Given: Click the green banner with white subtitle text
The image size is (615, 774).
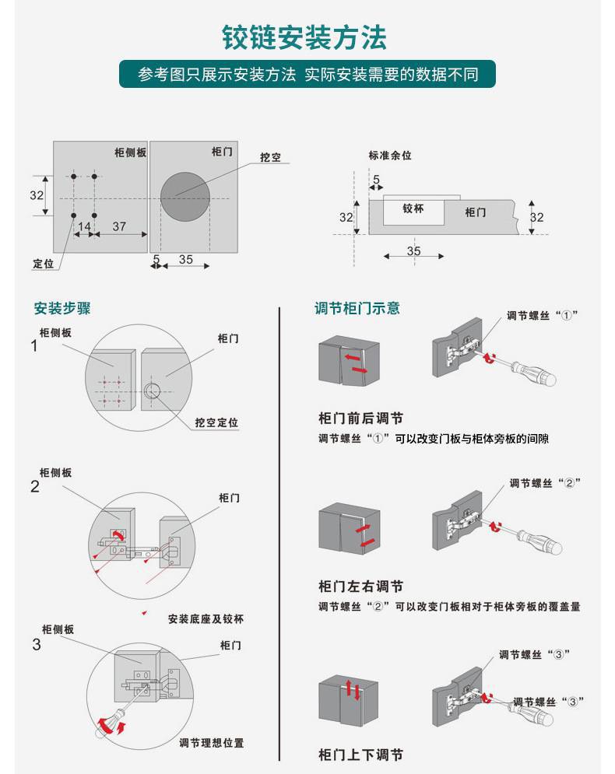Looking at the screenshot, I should (307, 75).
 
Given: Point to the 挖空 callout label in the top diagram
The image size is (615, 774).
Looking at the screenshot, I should (271, 157).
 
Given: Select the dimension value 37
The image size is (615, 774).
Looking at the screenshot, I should (119, 226).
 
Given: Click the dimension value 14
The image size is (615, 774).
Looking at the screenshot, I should (84, 226).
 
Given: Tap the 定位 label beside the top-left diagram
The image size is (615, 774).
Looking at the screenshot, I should (44, 263).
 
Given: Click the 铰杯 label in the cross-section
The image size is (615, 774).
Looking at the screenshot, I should (413, 208).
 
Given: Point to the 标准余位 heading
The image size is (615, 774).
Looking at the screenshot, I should (390, 156).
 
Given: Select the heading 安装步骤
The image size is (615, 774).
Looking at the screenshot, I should (62, 308).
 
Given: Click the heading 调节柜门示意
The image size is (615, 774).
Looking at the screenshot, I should (357, 308).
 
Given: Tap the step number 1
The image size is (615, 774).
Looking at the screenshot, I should (34, 346).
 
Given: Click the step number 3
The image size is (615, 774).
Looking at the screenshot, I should (37, 644).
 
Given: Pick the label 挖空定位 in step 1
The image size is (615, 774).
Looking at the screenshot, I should (216, 422).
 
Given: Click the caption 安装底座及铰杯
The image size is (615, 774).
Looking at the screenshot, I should (206, 619).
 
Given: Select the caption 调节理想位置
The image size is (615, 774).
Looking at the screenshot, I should (212, 743).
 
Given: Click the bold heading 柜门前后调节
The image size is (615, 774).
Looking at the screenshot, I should (360, 419).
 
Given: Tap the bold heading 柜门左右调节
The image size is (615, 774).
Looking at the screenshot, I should (360, 587).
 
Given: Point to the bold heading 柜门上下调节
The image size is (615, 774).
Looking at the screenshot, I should (360, 755).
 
